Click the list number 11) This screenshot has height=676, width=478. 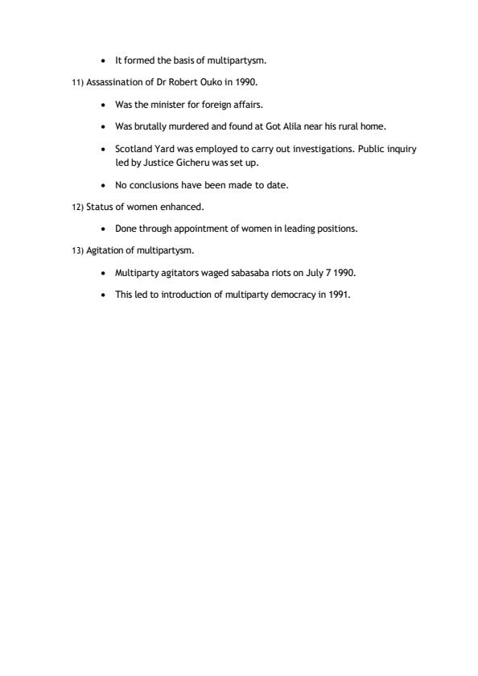point(78,83)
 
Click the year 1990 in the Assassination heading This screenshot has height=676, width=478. point(246,83)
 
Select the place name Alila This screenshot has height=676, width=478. point(288,126)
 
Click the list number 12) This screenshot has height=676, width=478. point(78,207)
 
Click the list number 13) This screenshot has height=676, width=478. point(78,250)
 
